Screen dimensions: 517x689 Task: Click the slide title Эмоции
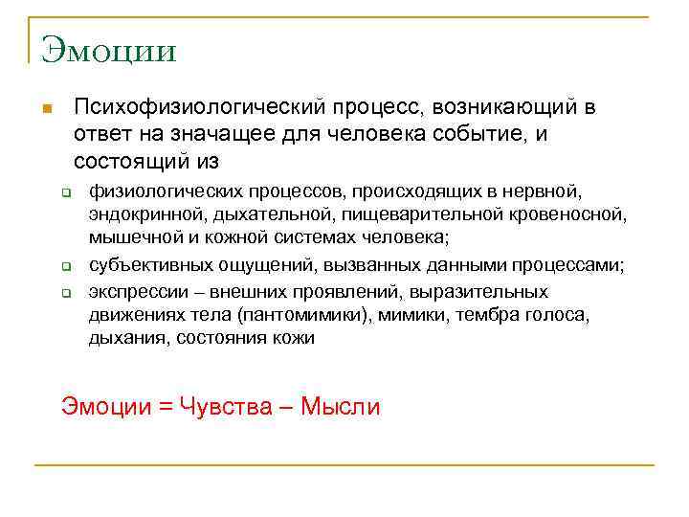pos(108,49)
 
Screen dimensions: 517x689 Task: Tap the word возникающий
pos(504,106)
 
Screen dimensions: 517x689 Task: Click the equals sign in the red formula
pos(165,407)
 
